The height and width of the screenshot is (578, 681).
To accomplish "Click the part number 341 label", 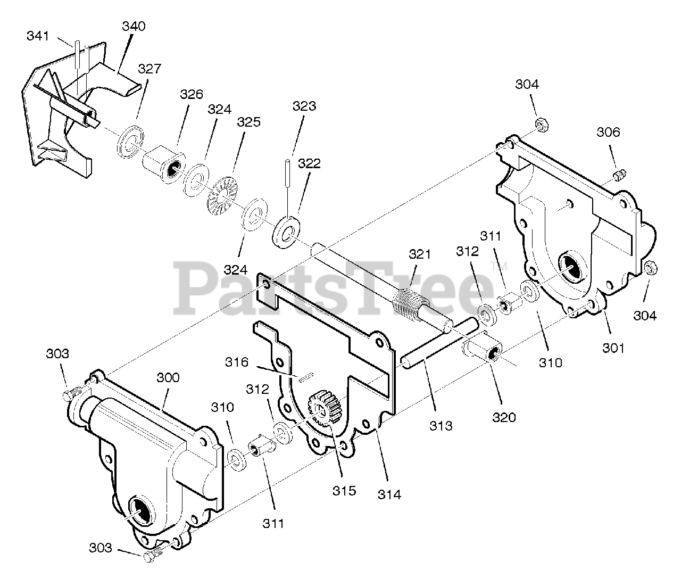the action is (x=38, y=36).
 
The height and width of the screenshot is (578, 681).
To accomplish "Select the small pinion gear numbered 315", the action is (x=320, y=409).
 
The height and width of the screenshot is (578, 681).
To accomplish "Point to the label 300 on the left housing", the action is (x=168, y=378).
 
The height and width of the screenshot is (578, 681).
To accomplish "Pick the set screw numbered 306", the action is (x=619, y=174).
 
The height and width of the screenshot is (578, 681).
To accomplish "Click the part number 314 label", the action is (x=389, y=494).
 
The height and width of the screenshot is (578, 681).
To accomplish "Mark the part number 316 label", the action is (x=236, y=362).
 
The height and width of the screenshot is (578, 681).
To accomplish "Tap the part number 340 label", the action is (x=134, y=26).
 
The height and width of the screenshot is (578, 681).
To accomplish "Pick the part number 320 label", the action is (x=503, y=417).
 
